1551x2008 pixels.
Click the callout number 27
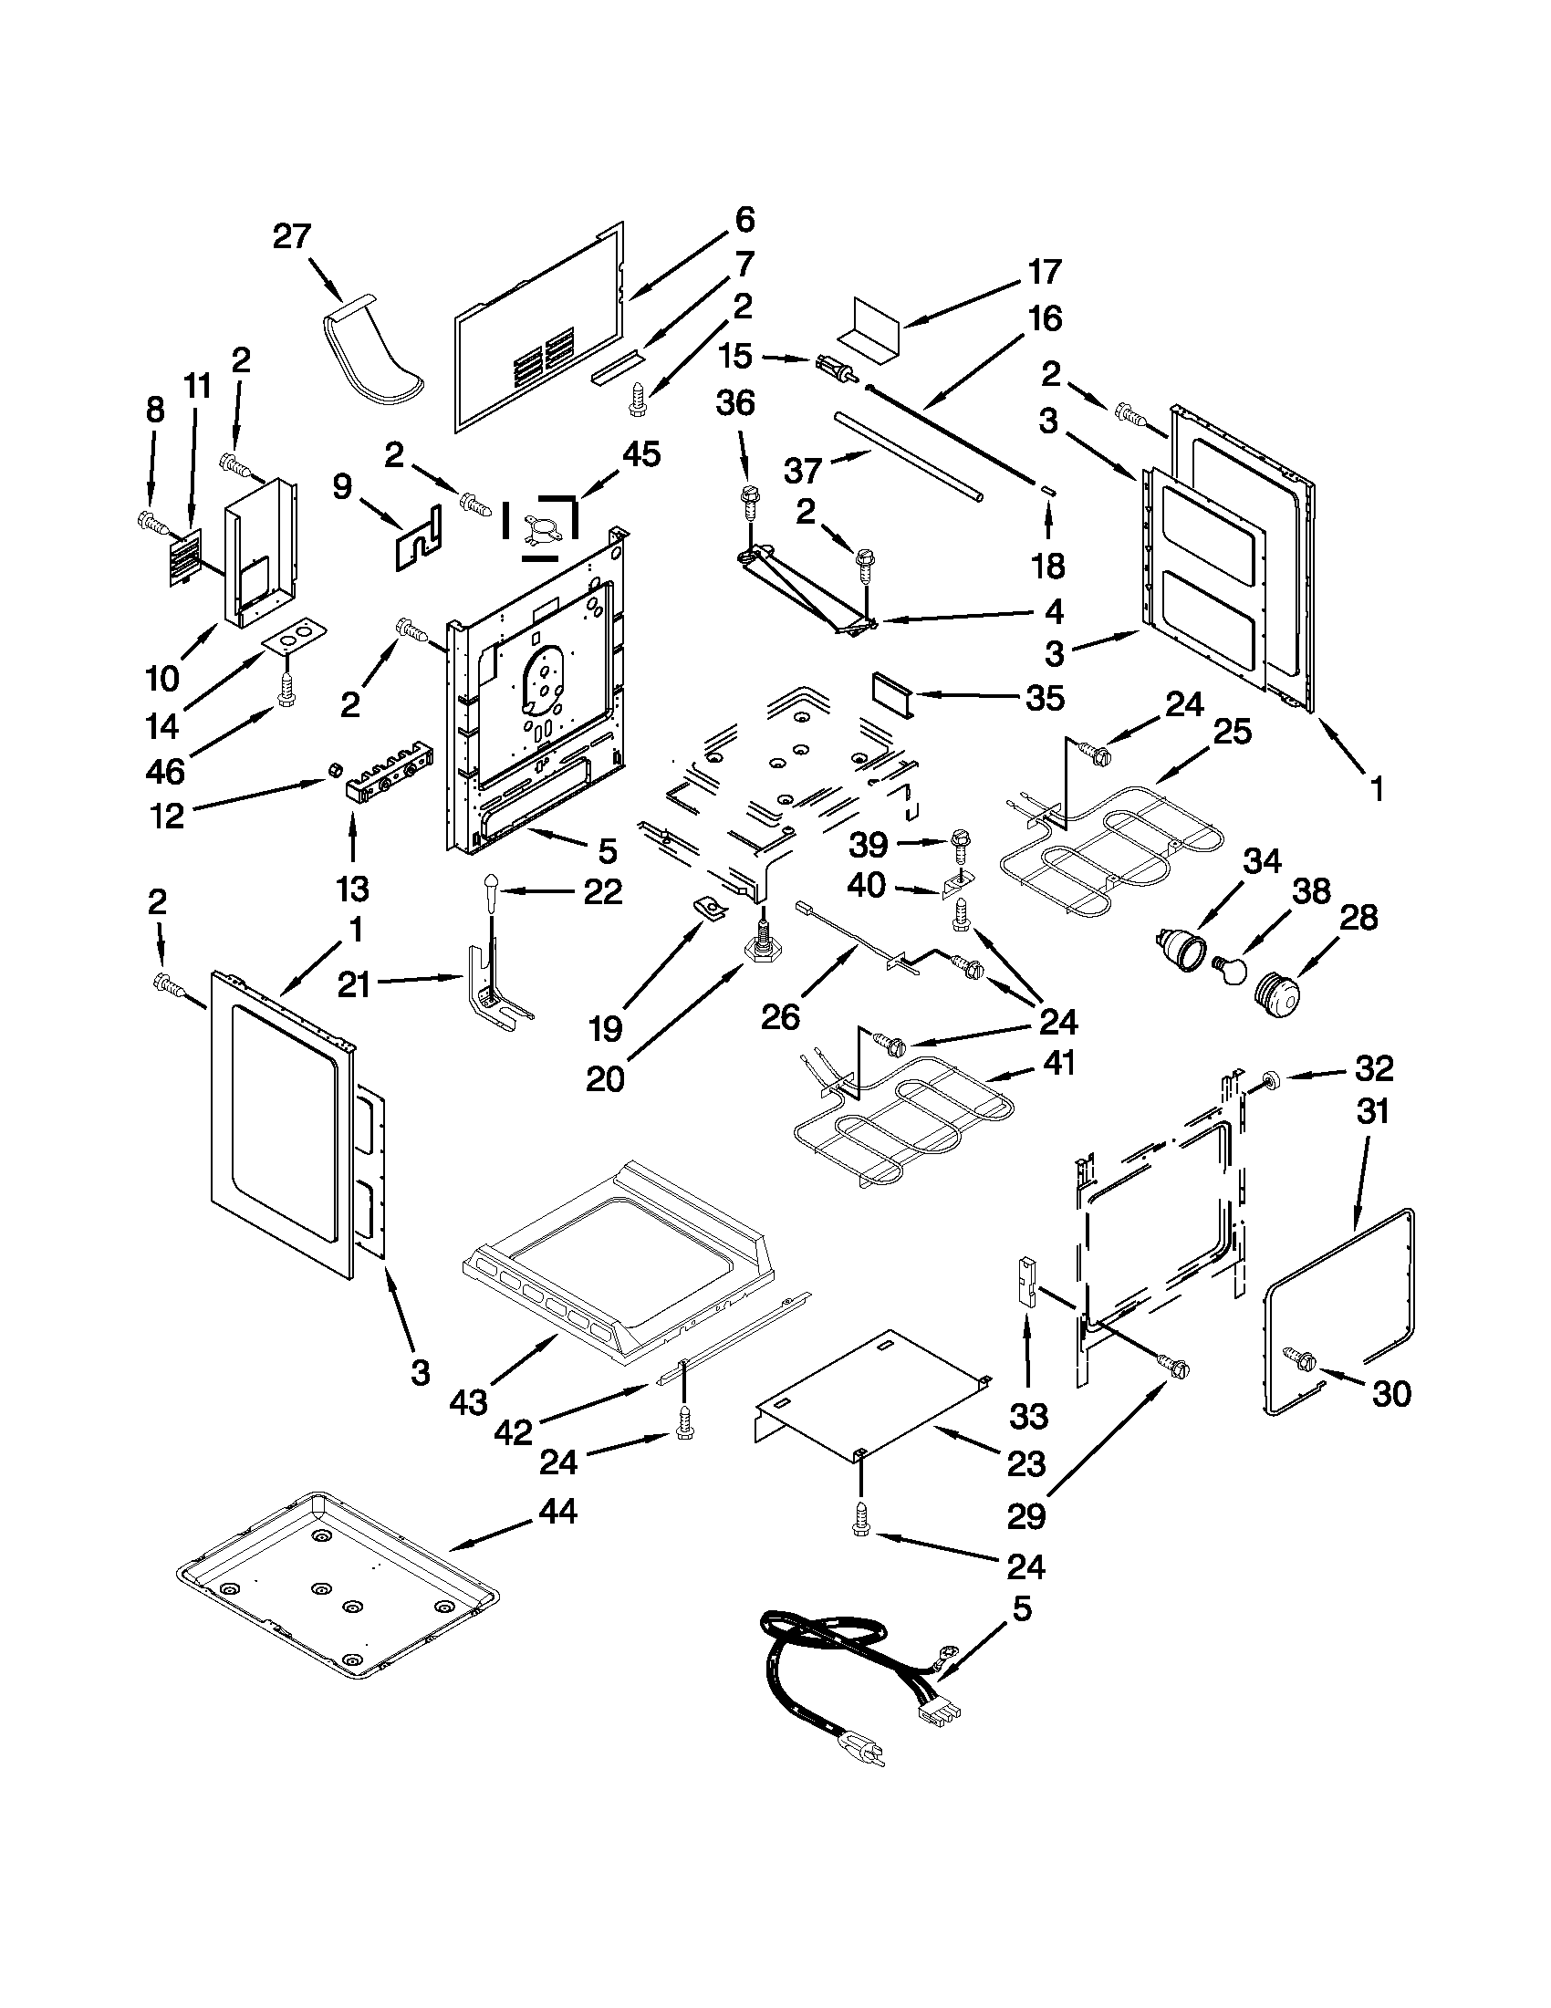click(292, 236)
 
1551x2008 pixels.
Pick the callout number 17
click(1045, 271)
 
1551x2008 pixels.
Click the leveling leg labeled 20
click(762, 946)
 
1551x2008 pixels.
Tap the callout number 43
click(469, 1402)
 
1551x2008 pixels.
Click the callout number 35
click(1045, 697)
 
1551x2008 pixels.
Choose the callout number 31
click(1371, 1112)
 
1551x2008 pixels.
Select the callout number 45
click(640, 453)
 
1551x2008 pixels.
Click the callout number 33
click(1028, 1415)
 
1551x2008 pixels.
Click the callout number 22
click(603, 891)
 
